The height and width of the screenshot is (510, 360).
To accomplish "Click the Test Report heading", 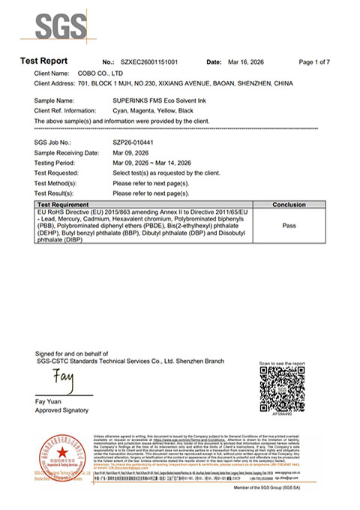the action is tap(43, 61).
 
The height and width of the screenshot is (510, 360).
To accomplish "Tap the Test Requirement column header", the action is tap(65, 204).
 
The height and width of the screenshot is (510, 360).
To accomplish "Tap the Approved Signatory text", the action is tap(63, 411).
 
